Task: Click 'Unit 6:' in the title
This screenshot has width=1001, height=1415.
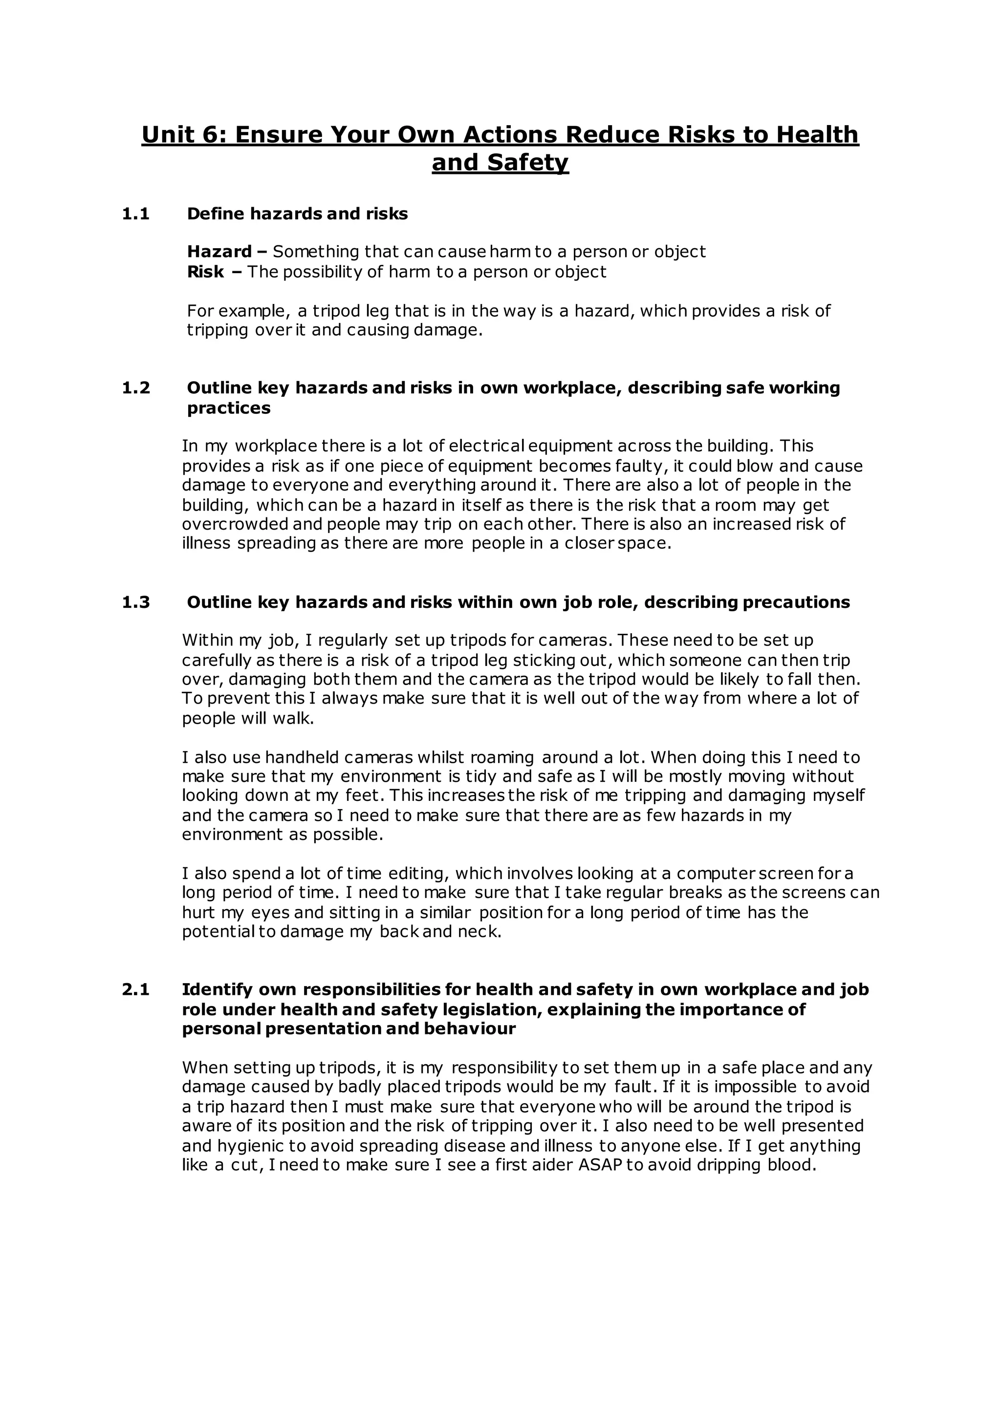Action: tap(184, 134)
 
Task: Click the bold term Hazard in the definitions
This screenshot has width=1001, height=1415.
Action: tap(219, 252)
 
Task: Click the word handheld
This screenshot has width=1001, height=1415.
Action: tap(302, 757)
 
